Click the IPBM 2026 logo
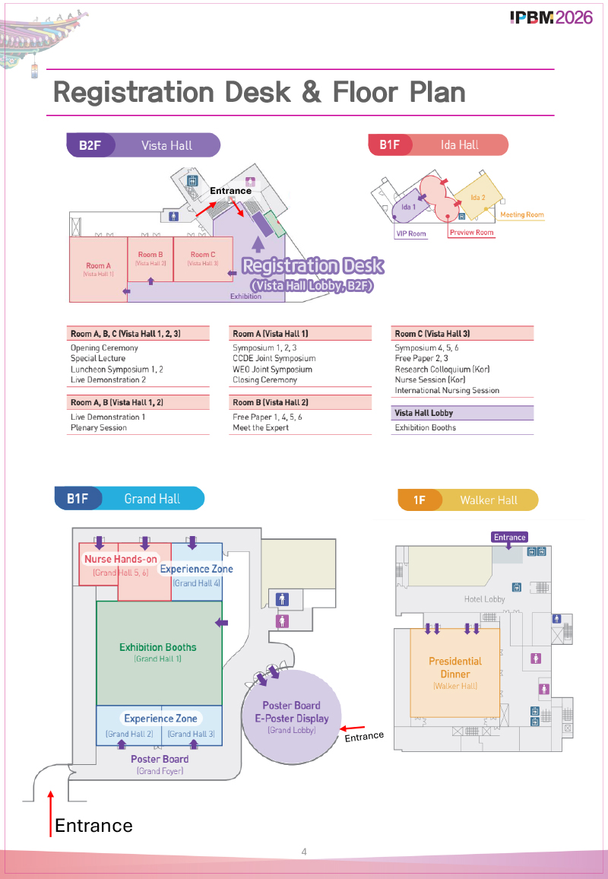click(551, 17)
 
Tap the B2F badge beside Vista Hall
click(90, 145)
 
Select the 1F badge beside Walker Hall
click(420, 500)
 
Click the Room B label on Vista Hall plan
click(150, 255)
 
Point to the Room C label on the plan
click(203, 255)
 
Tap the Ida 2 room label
click(477, 198)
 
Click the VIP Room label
click(411, 233)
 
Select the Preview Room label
click(471, 233)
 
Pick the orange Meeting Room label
click(522, 215)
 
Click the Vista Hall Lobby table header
click(424, 413)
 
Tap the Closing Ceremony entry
click(265, 379)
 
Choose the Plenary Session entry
click(99, 427)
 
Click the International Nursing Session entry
click(447, 390)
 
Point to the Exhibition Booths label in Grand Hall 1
click(158, 648)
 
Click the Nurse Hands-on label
click(121, 560)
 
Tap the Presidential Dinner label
click(455, 668)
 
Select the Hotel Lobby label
click(485, 599)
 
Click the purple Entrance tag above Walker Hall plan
click(509, 537)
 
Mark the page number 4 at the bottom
click(304, 852)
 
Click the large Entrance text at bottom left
click(93, 826)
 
